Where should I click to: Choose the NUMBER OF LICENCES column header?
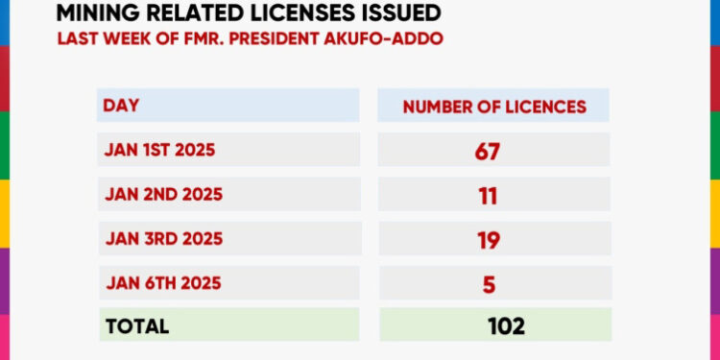tap(494, 107)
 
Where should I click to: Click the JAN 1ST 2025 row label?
tap(159, 150)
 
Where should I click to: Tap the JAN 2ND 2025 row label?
tap(162, 194)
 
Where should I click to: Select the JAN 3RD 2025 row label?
tap(162, 239)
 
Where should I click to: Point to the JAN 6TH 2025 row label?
tap(162, 283)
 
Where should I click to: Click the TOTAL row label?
tap(136, 326)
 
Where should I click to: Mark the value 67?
tap(489, 151)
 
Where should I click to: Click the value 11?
tap(489, 195)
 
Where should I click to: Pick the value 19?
tap(489, 240)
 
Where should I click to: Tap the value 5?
tap(490, 283)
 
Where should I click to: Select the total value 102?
tap(506, 326)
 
